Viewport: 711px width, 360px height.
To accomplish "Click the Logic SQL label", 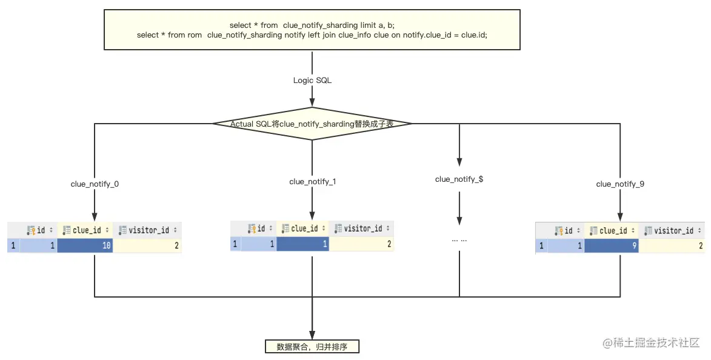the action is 312,80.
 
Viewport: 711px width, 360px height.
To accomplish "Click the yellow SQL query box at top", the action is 312,30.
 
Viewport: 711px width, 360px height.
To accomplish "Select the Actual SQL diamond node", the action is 312,123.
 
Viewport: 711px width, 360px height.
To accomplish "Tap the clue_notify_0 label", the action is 95,184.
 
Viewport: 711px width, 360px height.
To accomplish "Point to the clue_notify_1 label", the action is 312,181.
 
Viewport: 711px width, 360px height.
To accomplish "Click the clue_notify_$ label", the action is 459,179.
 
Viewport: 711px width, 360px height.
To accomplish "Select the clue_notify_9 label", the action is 620,184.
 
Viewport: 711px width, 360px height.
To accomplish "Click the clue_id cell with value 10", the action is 85,245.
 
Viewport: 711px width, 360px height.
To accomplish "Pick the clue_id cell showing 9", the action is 611,245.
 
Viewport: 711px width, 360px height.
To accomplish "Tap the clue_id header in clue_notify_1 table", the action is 302,228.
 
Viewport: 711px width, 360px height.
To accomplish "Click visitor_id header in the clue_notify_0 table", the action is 147,230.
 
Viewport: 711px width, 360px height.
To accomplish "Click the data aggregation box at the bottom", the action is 312,347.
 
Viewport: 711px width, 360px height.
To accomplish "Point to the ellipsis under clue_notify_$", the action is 459,240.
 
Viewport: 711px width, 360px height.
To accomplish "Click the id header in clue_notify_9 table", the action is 566,231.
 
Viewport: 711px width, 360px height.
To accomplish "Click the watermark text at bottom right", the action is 651,343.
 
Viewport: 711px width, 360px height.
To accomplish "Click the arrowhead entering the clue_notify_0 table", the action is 95,216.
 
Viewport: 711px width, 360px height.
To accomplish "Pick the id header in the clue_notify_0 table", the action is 39,230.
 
